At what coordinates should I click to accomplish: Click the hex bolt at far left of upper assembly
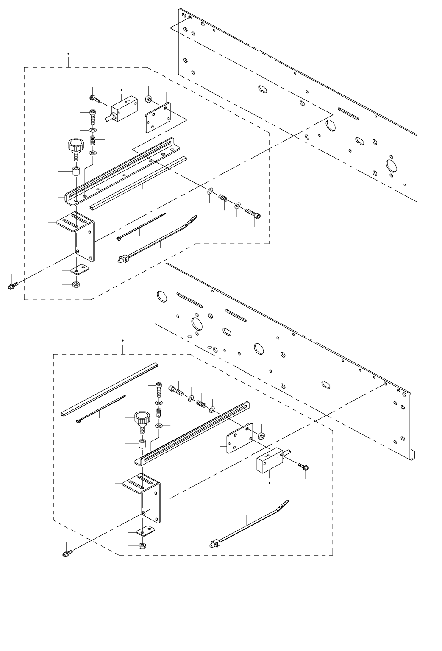tap(13, 286)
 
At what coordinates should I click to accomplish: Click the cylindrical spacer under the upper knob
tap(77, 172)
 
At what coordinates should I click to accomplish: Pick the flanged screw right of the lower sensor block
tap(303, 467)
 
